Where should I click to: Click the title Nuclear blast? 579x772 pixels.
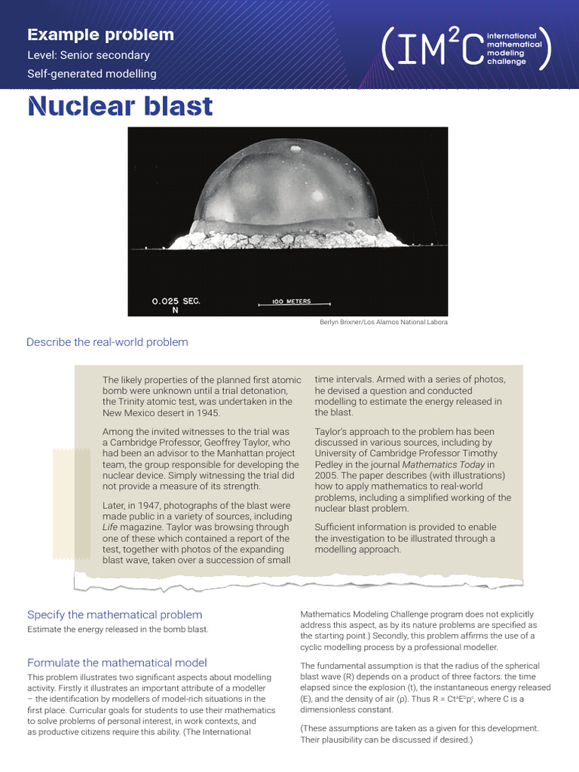(x=120, y=106)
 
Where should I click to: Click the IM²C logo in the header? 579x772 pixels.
(x=467, y=47)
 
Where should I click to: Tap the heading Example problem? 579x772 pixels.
(x=100, y=35)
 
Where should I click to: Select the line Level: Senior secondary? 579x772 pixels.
(x=88, y=55)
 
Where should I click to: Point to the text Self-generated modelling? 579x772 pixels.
(x=91, y=74)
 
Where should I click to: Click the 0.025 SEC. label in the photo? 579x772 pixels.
(x=176, y=301)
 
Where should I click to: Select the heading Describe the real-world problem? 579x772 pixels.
(x=107, y=342)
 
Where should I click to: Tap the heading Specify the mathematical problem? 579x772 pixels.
(x=115, y=614)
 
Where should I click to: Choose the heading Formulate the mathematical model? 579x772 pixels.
(x=117, y=663)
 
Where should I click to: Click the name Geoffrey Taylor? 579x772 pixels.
(x=246, y=443)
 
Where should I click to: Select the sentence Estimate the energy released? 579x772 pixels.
(x=118, y=630)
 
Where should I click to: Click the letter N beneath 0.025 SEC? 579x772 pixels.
(x=155, y=310)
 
